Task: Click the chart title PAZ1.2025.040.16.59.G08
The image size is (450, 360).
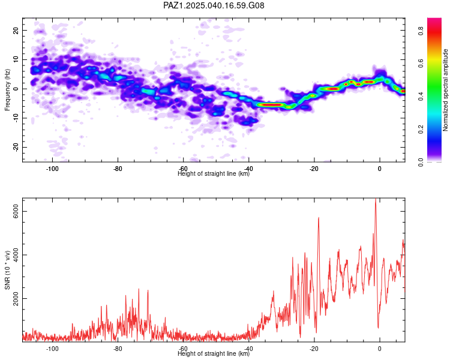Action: [x=214, y=5]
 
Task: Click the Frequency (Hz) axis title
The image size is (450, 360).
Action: [x=7, y=89]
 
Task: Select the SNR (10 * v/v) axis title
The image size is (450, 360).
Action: [x=7, y=270]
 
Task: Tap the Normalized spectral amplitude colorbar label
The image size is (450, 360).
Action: [x=446, y=90]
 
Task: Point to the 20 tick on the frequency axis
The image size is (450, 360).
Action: [x=16, y=30]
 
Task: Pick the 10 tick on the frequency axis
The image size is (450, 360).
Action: [x=16, y=59]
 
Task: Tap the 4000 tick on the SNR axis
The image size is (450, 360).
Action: [x=16, y=255]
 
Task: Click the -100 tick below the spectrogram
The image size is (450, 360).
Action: [x=52, y=169]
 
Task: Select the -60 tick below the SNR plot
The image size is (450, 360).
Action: [x=184, y=349]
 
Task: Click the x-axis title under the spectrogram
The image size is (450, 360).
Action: [x=214, y=174]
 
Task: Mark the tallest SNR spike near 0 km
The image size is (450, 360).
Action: [x=376, y=200]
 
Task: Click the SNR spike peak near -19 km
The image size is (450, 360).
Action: [x=319, y=218]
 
